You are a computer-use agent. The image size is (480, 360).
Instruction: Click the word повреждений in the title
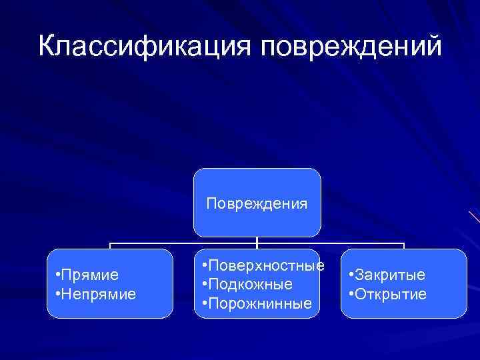pos(351,47)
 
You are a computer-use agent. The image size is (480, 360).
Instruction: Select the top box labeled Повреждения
pos(257,203)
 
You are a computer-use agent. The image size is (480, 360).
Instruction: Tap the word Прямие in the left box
pos(91,275)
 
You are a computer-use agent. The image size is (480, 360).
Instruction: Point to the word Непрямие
pos(99,293)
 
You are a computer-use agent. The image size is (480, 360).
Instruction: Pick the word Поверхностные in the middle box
pos(267,265)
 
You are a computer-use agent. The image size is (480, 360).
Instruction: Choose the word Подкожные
pos(251,284)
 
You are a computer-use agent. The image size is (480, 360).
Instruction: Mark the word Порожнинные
pos(261,303)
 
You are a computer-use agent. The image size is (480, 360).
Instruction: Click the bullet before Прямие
pos(59,275)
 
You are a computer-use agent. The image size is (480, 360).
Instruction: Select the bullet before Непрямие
pos(59,293)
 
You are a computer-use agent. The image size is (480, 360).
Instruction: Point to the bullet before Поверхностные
pos(204,265)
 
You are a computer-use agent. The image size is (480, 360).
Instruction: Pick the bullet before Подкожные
pos(204,284)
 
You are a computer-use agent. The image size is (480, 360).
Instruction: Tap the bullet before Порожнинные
pos(204,303)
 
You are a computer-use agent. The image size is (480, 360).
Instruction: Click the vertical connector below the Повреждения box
pos(257,241)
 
